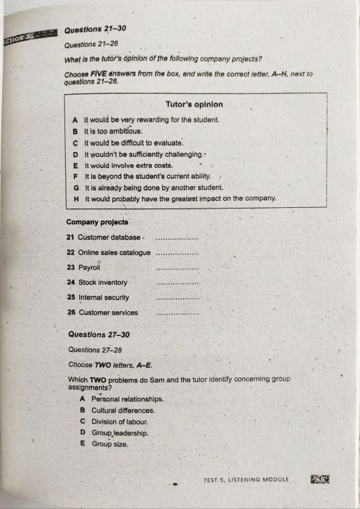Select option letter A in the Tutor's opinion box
tap(74, 120)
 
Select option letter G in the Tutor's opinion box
tap(75, 188)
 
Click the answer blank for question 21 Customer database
tap(176, 238)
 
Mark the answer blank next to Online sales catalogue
tap(176, 253)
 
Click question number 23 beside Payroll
tap(71, 268)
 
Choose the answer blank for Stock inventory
tap(176, 283)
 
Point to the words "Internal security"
tap(103, 298)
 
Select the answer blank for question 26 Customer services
tap(176, 313)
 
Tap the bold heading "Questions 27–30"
tap(98, 334)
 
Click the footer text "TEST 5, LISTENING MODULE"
tap(246, 479)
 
